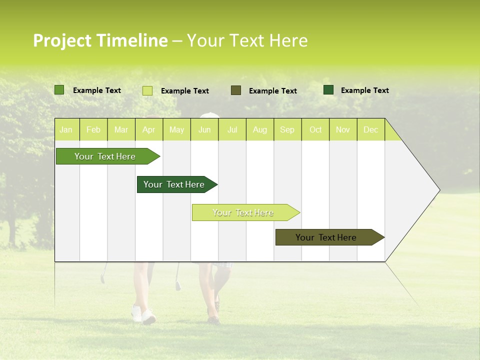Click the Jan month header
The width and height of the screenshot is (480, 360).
(x=66, y=129)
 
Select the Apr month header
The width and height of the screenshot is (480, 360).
(x=148, y=129)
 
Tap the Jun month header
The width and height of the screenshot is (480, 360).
(x=204, y=129)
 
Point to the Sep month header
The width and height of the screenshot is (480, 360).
(x=287, y=129)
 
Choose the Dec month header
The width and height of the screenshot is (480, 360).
(x=370, y=129)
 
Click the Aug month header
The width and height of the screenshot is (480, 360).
(x=259, y=129)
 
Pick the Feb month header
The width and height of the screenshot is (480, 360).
(x=93, y=129)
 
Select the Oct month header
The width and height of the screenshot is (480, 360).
(x=315, y=129)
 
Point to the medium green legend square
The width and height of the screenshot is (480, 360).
(x=59, y=90)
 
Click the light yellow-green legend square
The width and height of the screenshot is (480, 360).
(x=147, y=90)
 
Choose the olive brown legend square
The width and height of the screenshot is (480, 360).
(x=236, y=90)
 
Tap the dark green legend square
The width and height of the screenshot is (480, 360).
(x=328, y=90)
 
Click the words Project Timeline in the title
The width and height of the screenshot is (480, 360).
(x=100, y=40)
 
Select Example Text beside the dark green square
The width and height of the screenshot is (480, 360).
(x=364, y=90)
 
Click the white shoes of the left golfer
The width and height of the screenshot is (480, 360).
(x=143, y=314)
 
